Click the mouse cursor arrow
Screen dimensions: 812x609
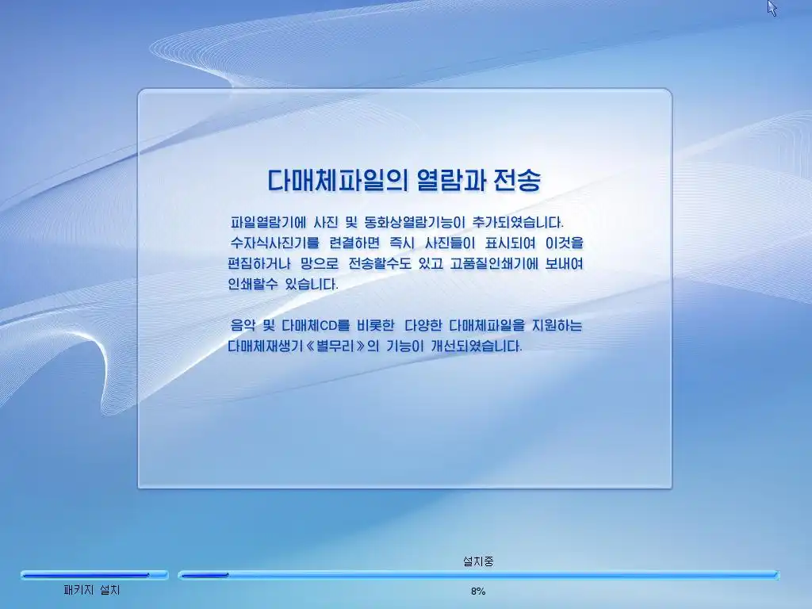coord(772,8)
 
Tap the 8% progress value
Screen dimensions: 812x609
coord(478,591)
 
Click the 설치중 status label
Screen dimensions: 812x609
coord(478,561)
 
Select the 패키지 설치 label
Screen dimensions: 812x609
coord(92,590)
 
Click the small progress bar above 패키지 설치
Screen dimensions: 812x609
coord(94,575)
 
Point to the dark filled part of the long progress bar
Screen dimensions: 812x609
coord(205,575)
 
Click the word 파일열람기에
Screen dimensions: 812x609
coord(268,223)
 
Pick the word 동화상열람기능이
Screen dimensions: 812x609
coord(415,223)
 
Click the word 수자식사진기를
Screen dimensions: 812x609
coord(274,243)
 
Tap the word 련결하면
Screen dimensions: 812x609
coord(354,243)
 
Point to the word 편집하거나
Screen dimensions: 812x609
coord(259,263)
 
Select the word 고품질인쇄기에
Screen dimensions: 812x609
coord(494,263)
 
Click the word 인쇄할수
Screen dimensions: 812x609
coord(253,284)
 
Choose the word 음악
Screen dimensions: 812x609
coord(243,325)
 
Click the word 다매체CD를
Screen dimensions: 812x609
coord(316,325)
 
